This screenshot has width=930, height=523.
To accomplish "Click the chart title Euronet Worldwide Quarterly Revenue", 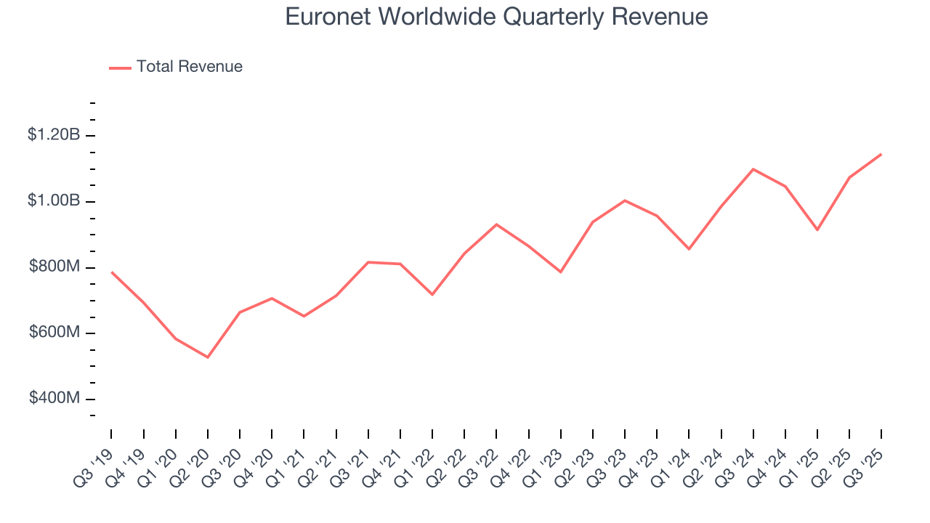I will point(496,16).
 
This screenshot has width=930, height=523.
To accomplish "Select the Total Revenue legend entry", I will point(189,67).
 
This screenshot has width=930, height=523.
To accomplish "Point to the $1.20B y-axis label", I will point(54,135).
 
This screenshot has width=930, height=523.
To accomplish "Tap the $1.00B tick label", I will point(54,201).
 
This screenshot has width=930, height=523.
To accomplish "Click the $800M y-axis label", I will point(54,267).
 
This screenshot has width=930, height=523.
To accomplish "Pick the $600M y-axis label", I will point(54,333).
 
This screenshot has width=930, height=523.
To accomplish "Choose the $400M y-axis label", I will point(54,399).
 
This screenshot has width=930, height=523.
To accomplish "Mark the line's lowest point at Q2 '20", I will point(208,357).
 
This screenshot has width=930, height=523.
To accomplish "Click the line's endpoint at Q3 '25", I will point(881,154).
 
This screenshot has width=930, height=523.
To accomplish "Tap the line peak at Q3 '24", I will point(753,169).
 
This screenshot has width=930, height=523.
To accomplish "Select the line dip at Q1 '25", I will point(817,230).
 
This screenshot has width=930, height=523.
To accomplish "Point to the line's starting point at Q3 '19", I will point(111,272).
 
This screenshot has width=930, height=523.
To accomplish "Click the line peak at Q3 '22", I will point(496,224).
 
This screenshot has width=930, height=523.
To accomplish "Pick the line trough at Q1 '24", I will point(689,249).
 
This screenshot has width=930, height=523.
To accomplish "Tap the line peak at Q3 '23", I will point(625,200).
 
